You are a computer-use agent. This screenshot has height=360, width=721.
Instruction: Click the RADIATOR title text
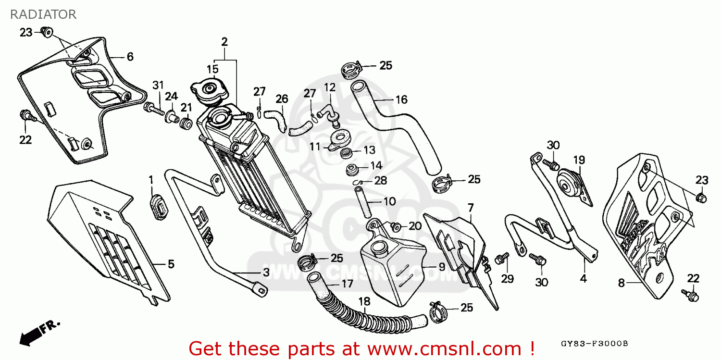coord(43,14)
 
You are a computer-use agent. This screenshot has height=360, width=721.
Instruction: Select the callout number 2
coord(224,42)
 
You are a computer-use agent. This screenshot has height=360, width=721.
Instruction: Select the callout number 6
coord(130,57)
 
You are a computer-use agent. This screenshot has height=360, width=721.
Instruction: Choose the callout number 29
coord(508,279)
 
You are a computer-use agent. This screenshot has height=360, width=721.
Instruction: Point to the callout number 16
coord(401,99)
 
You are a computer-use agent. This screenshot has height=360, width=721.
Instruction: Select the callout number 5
coord(171,264)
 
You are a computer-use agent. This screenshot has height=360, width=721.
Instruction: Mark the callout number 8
coord(621,284)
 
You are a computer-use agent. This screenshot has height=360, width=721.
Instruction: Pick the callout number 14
coord(376,166)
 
